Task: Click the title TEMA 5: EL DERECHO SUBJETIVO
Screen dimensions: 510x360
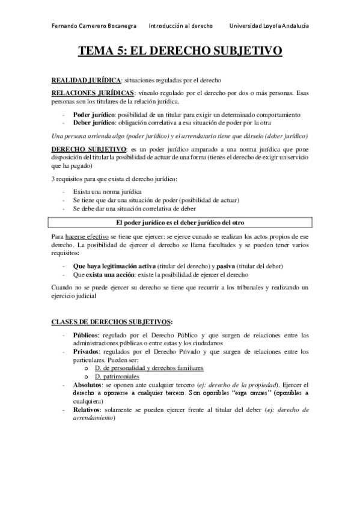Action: click(x=180, y=52)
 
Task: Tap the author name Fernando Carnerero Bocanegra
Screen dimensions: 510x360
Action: click(x=94, y=26)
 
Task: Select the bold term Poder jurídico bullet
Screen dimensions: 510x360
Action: click(x=94, y=114)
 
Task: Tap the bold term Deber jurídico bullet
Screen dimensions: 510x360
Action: click(x=95, y=121)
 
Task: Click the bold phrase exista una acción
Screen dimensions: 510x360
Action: click(x=112, y=274)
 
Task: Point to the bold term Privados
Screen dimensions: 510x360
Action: click(x=85, y=351)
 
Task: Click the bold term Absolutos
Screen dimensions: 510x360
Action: click(x=88, y=384)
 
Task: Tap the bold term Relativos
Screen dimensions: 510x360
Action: click(x=87, y=409)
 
